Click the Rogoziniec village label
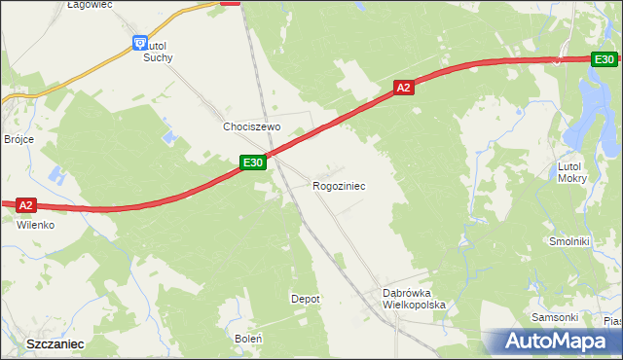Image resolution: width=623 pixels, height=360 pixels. click(339, 185)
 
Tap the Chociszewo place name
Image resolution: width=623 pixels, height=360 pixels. click(251, 127)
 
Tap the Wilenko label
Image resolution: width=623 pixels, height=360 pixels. click(34, 224)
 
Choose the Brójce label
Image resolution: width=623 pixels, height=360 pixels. click(18, 139)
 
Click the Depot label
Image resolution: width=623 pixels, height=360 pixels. click(306, 299)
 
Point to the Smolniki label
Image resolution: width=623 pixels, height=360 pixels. click(569, 241)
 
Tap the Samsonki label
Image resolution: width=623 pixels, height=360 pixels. click(555, 317)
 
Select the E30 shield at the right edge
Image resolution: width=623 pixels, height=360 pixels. click(605, 59)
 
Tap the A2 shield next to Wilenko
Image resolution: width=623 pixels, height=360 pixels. click(26, 204)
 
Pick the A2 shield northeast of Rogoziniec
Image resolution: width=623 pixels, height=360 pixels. click(405, 88)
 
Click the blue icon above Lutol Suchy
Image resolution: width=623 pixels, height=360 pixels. click(139, 43)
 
